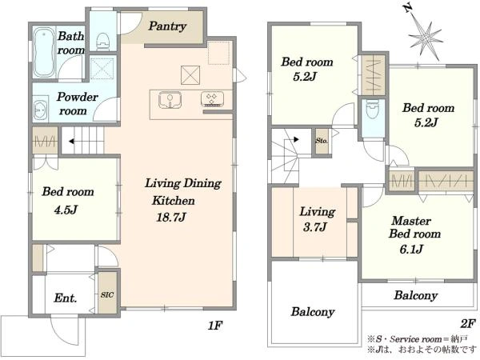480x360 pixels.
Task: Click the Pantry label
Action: pos(167,26)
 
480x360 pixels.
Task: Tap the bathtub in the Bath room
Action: pos(44,52)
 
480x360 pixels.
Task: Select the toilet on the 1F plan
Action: pos(103,42)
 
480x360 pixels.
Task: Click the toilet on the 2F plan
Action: pos(372,110)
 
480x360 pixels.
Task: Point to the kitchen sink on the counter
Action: pos(170,100)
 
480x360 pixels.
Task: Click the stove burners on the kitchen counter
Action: pos(212,99)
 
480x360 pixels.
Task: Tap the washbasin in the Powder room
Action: pos(41,108)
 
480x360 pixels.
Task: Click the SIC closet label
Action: pos(107,294)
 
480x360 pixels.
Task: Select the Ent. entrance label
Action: pos(66,298)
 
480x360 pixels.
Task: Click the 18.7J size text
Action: pos(171,218)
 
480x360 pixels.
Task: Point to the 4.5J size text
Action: pos(66,210)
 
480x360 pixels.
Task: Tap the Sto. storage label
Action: pos(322,141)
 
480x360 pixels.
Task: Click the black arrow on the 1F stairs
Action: pos(71,142)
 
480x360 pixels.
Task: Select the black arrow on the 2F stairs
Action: pos(296,139)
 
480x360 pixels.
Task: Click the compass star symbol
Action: pos(426,38)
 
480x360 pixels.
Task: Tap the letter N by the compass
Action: pos(407,8)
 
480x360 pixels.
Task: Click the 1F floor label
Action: pos(215,325)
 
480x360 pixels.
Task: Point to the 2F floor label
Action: pos(467,323)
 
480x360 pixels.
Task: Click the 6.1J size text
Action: pos(411,249)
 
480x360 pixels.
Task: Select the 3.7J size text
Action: pos(314,227)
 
